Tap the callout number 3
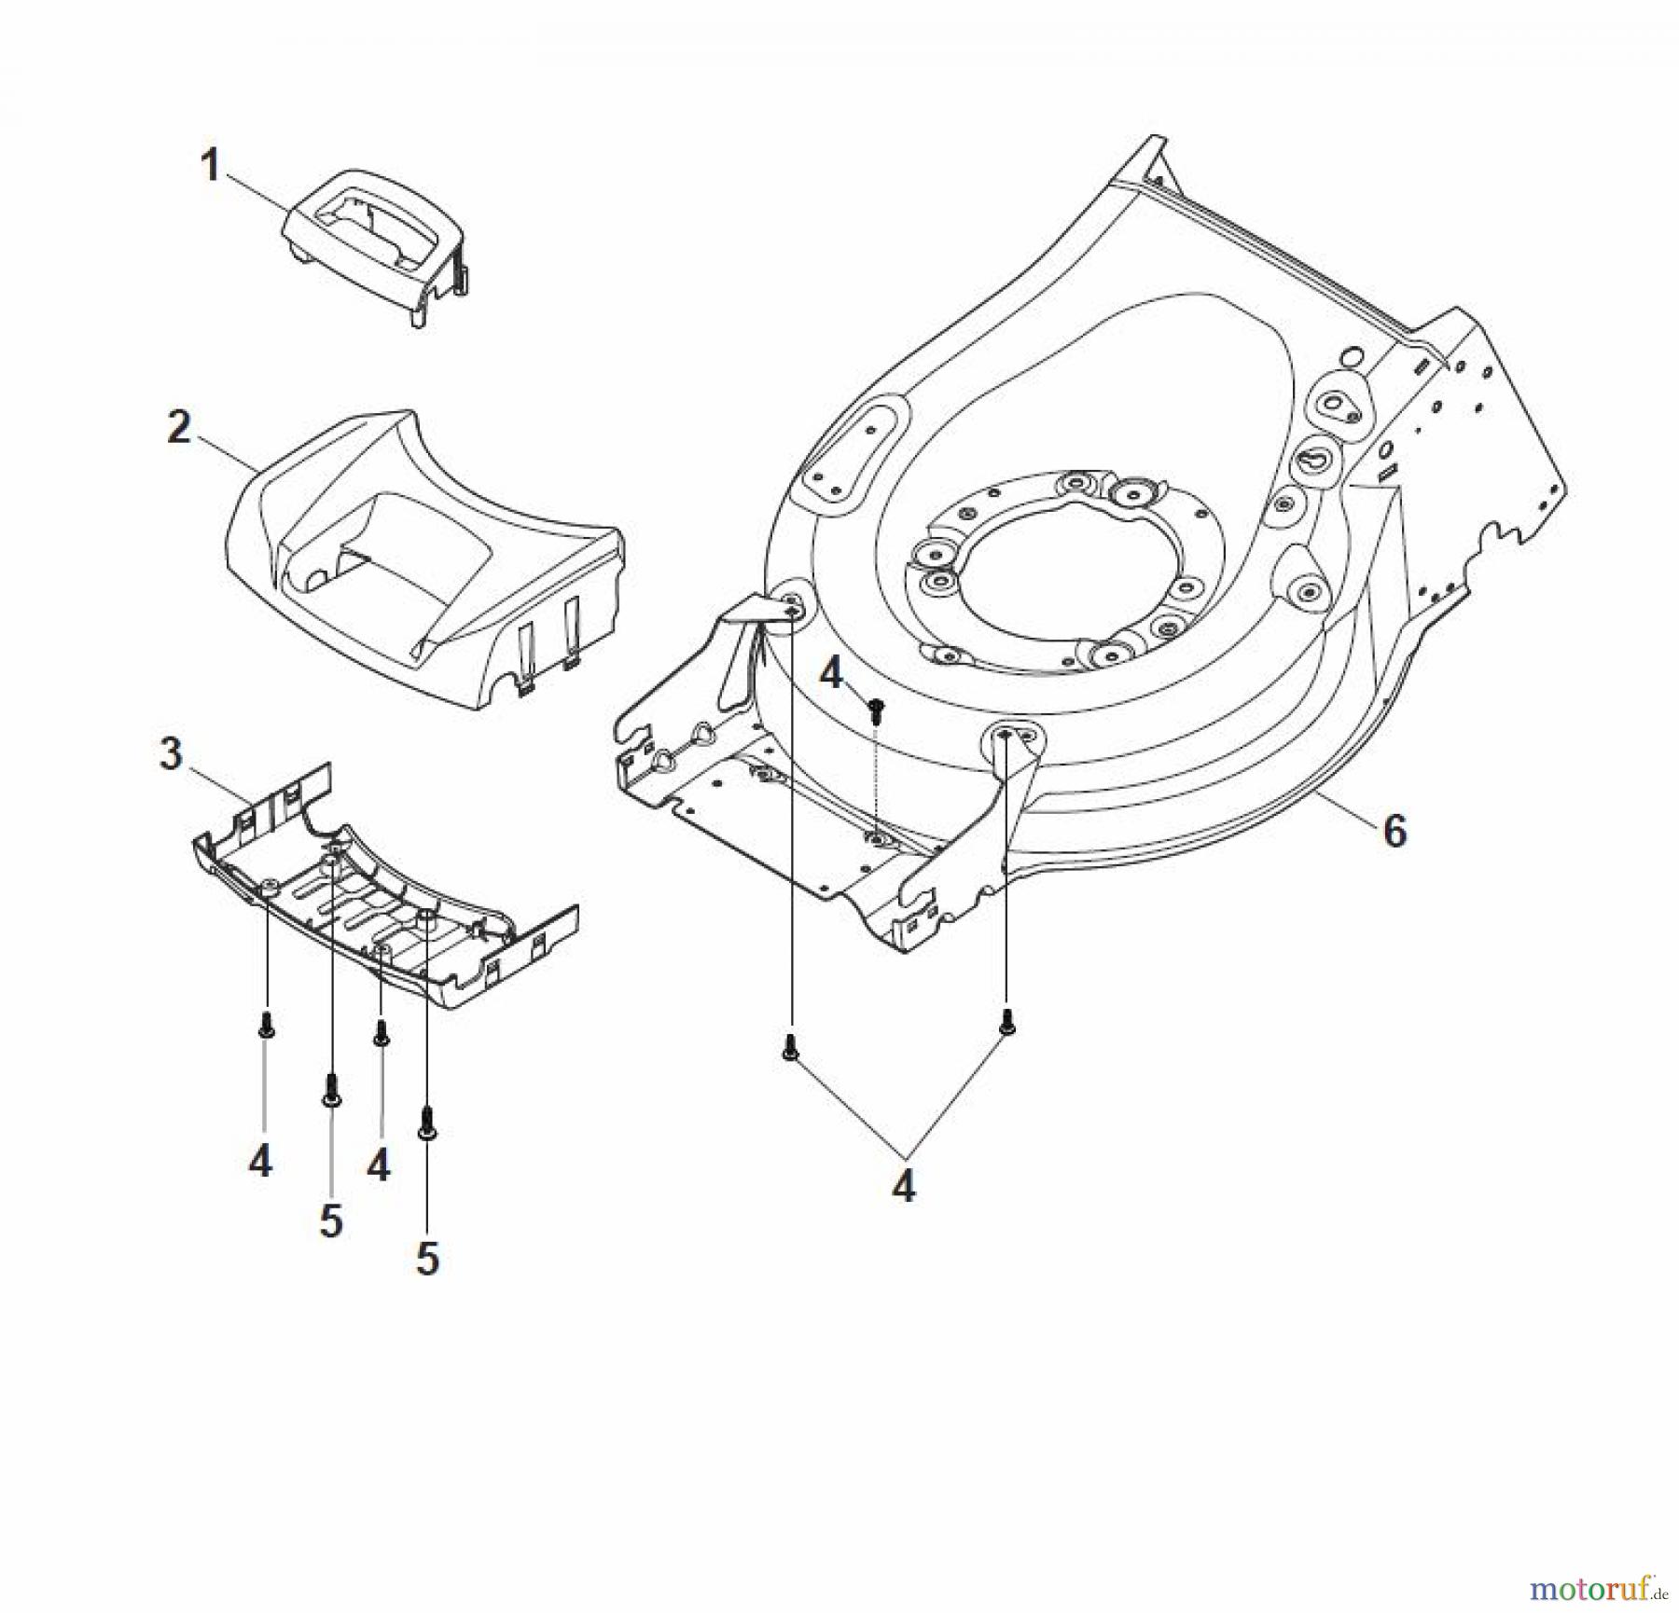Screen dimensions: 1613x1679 tap(171, 753)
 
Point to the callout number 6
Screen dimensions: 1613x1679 tap(1394, 830)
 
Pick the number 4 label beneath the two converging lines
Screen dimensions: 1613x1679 tap(903, 1186)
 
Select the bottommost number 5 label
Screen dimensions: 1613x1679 tap(426, 1260)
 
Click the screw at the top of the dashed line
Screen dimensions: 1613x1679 tap(875, 711)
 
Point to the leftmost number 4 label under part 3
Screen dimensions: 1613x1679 tap(260, 1162)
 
